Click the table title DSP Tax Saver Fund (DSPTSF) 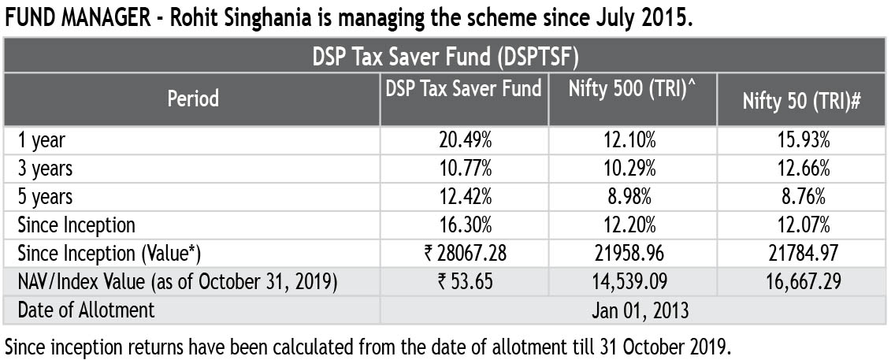(x=445, y=57)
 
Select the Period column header (x=192, y=99)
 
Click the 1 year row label (x=41, y=141)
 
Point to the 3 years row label (x=45, y=169)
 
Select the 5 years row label (x=45, y=196)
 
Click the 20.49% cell (x=465, y=141)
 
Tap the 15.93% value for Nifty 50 (x=801, y=141)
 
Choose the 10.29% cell (x=633, y=169)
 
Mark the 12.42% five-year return (x=465, y=196)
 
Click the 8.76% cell (x=801, y=196)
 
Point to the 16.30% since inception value (x=465, y=225)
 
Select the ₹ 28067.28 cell (x=465, y=253)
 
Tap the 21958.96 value (x=633, y=253)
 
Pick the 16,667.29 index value (x=801, y=281)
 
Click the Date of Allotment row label (x=87, y=310)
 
